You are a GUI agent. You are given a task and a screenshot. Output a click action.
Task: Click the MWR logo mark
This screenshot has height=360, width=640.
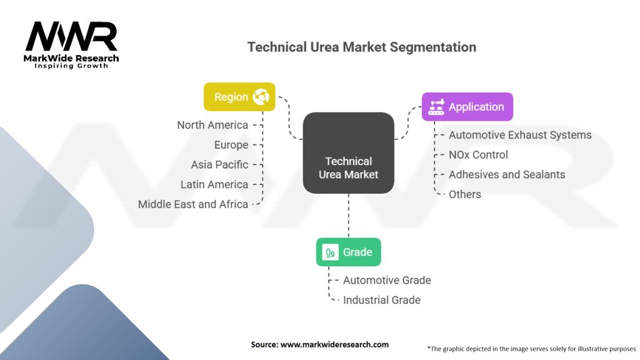[71, 36]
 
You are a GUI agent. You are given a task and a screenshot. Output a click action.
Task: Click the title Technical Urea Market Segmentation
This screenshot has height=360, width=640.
[362, 47]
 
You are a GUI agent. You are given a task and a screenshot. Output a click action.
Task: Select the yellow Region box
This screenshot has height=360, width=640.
[239, 97]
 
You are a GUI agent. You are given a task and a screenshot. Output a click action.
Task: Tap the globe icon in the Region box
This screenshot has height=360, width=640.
[261, 97]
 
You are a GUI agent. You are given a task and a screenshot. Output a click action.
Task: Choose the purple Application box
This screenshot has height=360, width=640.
[467, 106]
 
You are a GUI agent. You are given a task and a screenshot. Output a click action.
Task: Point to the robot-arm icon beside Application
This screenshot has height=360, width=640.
[436, 106]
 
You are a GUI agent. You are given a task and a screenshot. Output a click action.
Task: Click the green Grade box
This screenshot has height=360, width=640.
[349, 252]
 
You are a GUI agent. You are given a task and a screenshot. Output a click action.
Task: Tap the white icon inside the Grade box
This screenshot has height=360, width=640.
[330, 252]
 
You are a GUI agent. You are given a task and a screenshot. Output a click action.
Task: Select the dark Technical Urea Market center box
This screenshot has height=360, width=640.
[349, 153]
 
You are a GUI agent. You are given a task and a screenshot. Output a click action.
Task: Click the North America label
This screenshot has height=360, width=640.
[212, 125]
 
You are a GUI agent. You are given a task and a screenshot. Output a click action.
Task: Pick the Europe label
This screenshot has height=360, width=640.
[231, 145]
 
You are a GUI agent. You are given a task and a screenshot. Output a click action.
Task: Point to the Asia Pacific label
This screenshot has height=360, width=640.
[219, 164]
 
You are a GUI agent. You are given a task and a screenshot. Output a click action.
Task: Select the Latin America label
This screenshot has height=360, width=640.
[214, 184]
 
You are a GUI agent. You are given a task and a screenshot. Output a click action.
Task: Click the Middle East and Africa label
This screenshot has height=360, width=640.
[193, 204]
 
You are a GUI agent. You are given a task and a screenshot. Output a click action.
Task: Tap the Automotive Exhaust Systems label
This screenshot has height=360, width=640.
[521, 135]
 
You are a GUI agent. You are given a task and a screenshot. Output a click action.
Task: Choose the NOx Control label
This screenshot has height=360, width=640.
[478, 155]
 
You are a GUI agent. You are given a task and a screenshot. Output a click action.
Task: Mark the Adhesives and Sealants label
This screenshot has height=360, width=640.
[507, 174]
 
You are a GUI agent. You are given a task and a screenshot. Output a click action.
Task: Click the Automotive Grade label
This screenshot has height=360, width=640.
[387, 280]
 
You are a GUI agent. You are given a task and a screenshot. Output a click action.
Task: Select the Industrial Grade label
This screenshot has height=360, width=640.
[382, 300]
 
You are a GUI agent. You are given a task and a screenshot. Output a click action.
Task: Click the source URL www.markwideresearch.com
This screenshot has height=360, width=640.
[335, 344]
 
